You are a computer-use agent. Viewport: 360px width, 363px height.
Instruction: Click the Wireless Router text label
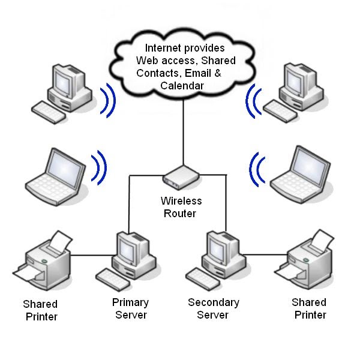coord(181,207)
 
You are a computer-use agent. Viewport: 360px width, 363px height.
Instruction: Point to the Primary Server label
coord(130,308)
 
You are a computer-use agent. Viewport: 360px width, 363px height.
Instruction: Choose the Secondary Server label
coord(214,308)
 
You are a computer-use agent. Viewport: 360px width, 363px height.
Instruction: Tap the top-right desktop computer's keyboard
coord(281,110)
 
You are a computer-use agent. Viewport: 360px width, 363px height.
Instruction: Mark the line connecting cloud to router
coord(181,132)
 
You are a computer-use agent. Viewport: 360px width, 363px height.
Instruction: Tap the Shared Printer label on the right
coord(309,308)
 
